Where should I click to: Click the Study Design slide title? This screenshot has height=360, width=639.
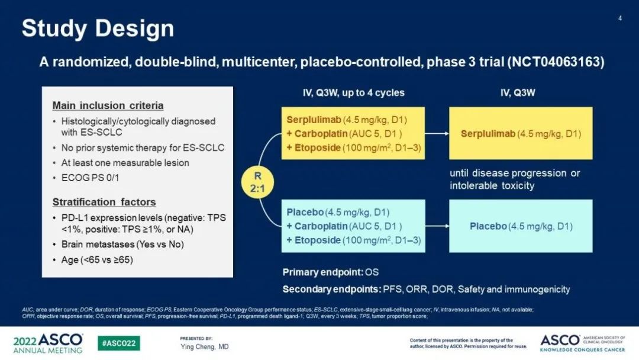tap(98, 29)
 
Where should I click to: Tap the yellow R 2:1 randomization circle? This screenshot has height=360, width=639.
tap(257, 182)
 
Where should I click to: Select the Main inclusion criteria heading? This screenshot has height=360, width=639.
tap(108, 105)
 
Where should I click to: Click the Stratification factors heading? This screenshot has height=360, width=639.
tap(104, 202)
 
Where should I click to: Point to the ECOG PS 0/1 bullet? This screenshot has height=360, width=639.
tap(90, 178)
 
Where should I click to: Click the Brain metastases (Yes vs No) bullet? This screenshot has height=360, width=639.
tap(122, 245)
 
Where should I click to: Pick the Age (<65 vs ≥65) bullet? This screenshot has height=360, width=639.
tap(97, 260)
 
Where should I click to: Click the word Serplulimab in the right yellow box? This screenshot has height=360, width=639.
tap(488, 134)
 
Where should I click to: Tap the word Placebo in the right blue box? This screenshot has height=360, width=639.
tap(488, 226)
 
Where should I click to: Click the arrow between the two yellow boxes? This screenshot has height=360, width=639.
tap(437, 133)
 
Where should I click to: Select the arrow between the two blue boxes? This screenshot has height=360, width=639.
tap(437, 226)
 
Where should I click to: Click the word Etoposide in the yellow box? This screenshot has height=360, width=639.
tap(318, 147)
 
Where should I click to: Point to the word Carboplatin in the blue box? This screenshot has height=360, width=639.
tap(321, 226)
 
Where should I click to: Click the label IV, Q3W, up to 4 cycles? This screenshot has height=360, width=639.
tap(353, 93)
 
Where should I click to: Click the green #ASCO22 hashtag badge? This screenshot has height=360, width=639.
tap(118, 343)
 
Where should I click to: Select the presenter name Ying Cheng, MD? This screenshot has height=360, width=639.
tap(205, 346)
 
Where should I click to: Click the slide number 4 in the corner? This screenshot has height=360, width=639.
tap(620, 18)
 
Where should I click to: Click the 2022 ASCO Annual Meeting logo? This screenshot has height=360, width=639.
tap(48, 343)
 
